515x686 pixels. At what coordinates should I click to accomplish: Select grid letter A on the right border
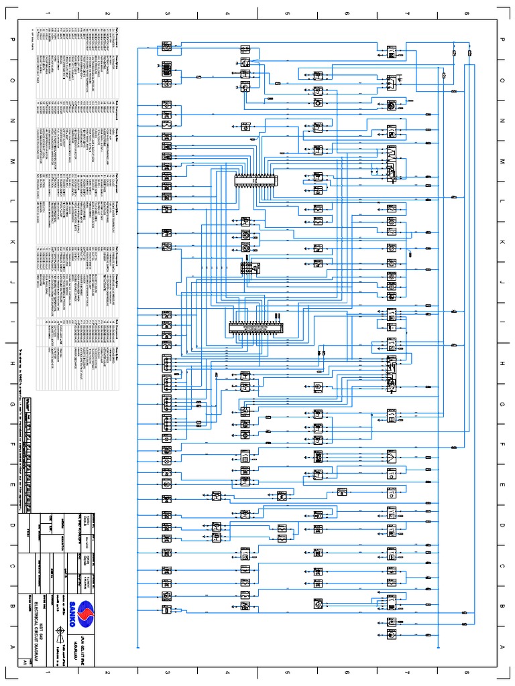503,646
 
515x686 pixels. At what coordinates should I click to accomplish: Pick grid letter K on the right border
503,242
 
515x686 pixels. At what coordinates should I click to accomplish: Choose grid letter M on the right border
503,161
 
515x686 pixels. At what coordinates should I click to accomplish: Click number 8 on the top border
467,13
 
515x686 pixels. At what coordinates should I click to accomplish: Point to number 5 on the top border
287,13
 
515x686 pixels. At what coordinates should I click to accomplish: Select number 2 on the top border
107,13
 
